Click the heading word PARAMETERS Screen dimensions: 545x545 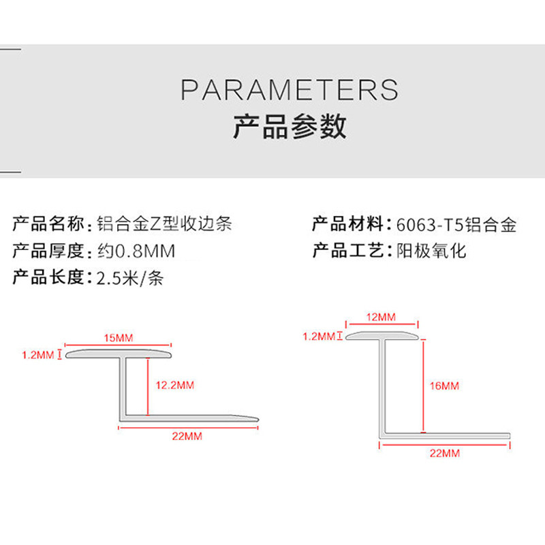coord(290,90)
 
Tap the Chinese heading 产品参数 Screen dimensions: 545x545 coord(290,127)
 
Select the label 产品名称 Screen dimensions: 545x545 coord(48,224)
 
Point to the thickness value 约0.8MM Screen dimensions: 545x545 coord(136,251)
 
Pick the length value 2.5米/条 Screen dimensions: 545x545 coord(129,278)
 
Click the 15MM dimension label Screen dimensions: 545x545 coord(120,339)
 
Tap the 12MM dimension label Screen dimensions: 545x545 coord(381,317)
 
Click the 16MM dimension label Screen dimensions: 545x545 coord(446,386)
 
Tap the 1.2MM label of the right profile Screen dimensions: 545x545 coord(318,336)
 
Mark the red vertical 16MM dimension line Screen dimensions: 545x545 coord(423,385)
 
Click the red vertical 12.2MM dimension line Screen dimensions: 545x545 coord(146,385)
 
